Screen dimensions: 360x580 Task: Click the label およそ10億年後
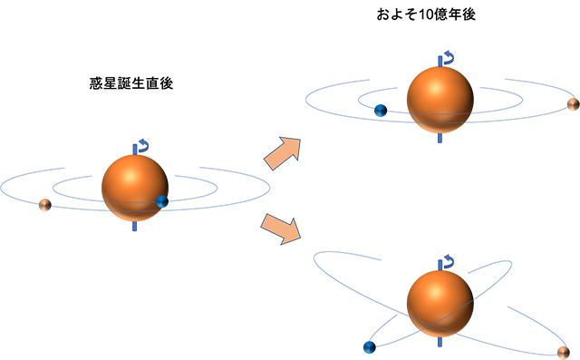[x=425, y=16]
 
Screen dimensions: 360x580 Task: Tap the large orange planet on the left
[x=135, y=188]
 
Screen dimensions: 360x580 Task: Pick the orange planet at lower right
[x=440, y=302]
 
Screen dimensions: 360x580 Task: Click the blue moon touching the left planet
[x=162, y=201]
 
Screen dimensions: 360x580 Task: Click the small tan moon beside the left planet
[x=44, y=206]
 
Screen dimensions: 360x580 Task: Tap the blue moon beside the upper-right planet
[x=381, y=111]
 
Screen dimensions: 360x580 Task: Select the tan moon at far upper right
[x=572, y=105]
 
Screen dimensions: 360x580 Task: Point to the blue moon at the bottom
[x=369, y=347]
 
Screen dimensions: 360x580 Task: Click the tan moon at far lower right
[x=564, y=352]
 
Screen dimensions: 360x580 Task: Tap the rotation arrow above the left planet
[x=140, y=145]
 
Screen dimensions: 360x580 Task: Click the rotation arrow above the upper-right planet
[x=445, y=60]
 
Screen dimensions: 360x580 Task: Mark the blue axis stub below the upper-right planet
[x=440, y=139]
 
